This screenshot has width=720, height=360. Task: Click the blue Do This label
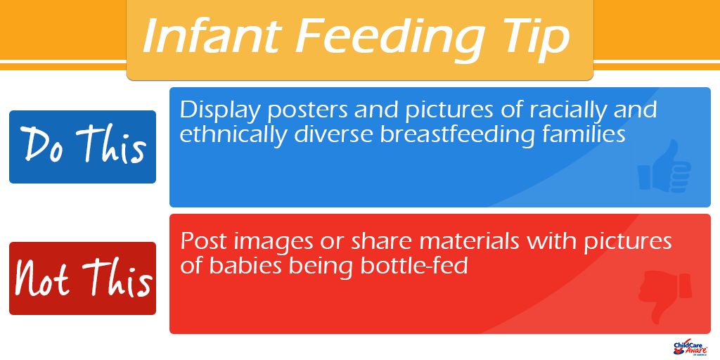click(x=83, y=147)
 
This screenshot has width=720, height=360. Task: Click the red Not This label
click(x=83, y=278)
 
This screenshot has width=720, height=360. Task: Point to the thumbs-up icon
click(x=664, y=166)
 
